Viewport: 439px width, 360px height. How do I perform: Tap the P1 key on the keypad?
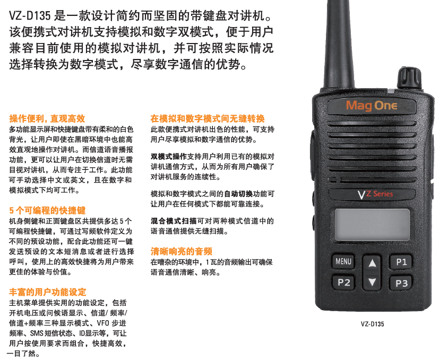[401, 262]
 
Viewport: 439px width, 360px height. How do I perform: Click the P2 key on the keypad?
[343, 282]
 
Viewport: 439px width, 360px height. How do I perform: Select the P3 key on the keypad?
[401, 283]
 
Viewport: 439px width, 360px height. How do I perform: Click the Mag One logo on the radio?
[372, 106]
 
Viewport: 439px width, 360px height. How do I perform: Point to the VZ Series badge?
[375, 194]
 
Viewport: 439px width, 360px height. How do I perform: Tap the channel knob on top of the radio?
[409, 78]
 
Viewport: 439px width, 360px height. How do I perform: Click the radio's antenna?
[338, 42]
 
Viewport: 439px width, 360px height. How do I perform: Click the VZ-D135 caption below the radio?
[372, 324]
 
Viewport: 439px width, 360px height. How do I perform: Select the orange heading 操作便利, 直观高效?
[47, 118]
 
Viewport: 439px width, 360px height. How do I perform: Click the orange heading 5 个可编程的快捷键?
[47, 210]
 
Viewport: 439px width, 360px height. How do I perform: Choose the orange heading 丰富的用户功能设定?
[48, 292]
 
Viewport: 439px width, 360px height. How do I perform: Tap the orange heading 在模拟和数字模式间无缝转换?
[208, 118]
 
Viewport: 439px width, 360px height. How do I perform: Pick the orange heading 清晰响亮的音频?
[182, 251]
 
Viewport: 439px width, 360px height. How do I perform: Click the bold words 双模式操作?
[169, 156]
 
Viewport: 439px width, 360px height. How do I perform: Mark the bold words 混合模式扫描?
[174, 221]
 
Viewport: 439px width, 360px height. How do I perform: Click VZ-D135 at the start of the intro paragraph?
[30, 15]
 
